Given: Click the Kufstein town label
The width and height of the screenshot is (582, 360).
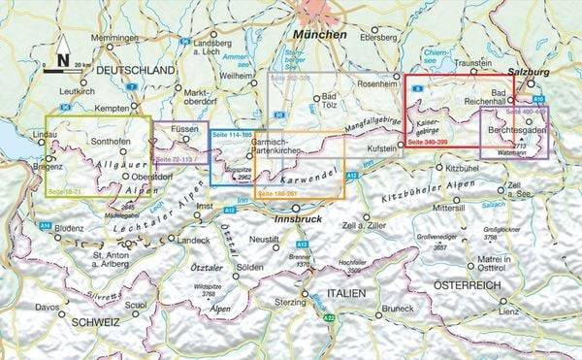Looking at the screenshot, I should [381, 150].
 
